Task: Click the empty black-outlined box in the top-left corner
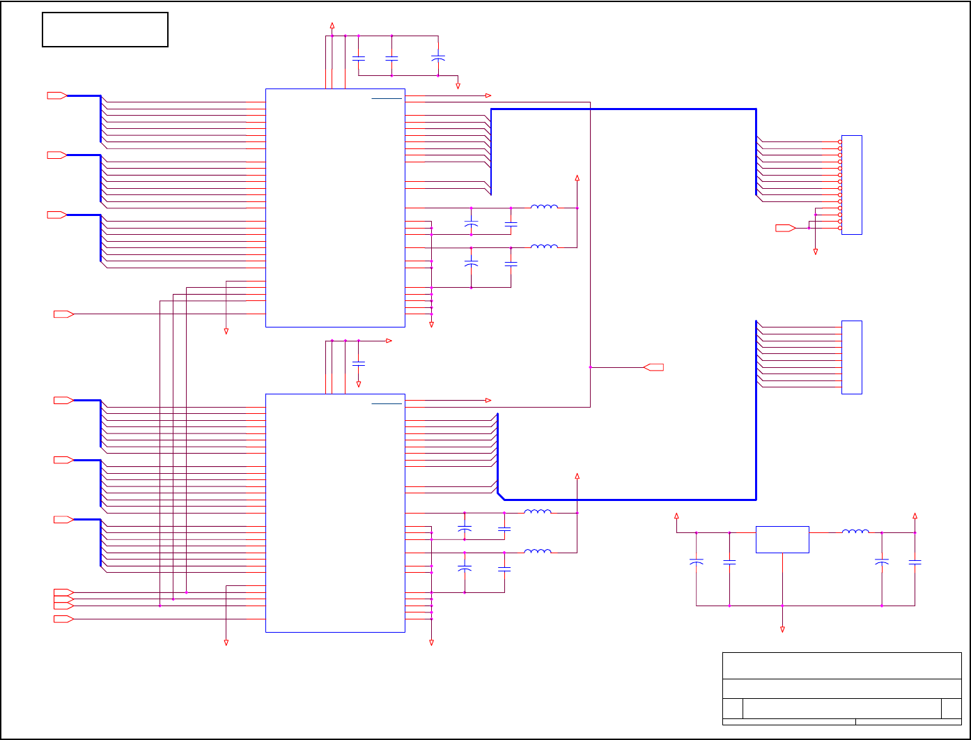(x=105, y=29)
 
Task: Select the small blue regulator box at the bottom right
(x=782, y=539)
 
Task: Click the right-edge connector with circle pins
(x=851, y=185)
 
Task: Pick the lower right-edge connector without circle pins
(x=851, y=357)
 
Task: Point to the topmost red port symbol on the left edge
(x=56, y=95)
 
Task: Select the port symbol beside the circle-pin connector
(x=786, y=228)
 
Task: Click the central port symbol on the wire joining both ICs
(x=654, y=367)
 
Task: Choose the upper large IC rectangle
(x=335, y=208)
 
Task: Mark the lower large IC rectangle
(x=335, y=513)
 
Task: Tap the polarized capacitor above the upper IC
(x=437, y=59)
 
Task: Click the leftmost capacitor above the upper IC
(x=359, y=59)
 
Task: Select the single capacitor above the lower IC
(x=359, y=364)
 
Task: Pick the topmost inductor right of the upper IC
(x=544, y=206)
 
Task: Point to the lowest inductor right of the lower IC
(x=537, y=551)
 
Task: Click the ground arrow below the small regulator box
(x=782, y=629)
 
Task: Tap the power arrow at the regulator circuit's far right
(x=915, y=516)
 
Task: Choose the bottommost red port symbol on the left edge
(x=63, y=619)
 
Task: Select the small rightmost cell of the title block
(x=951, y=708)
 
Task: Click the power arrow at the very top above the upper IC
(x=332, y=25)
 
